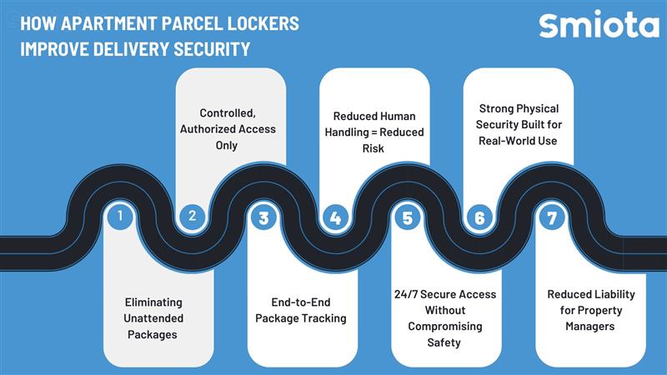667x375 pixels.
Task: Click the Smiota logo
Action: coord(598,25)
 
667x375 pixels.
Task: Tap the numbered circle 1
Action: coord(120,217)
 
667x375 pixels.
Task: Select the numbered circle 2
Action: coord(192,217)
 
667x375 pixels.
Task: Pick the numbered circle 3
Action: coord(263,218)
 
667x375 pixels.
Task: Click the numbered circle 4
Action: coord(335,218)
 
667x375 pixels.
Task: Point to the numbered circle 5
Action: coord(407,218)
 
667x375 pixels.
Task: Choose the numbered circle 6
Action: coord(479,218)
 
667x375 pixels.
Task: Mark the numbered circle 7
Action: coord(550,218)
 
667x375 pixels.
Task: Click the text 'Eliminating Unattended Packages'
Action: coord(154,317)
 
